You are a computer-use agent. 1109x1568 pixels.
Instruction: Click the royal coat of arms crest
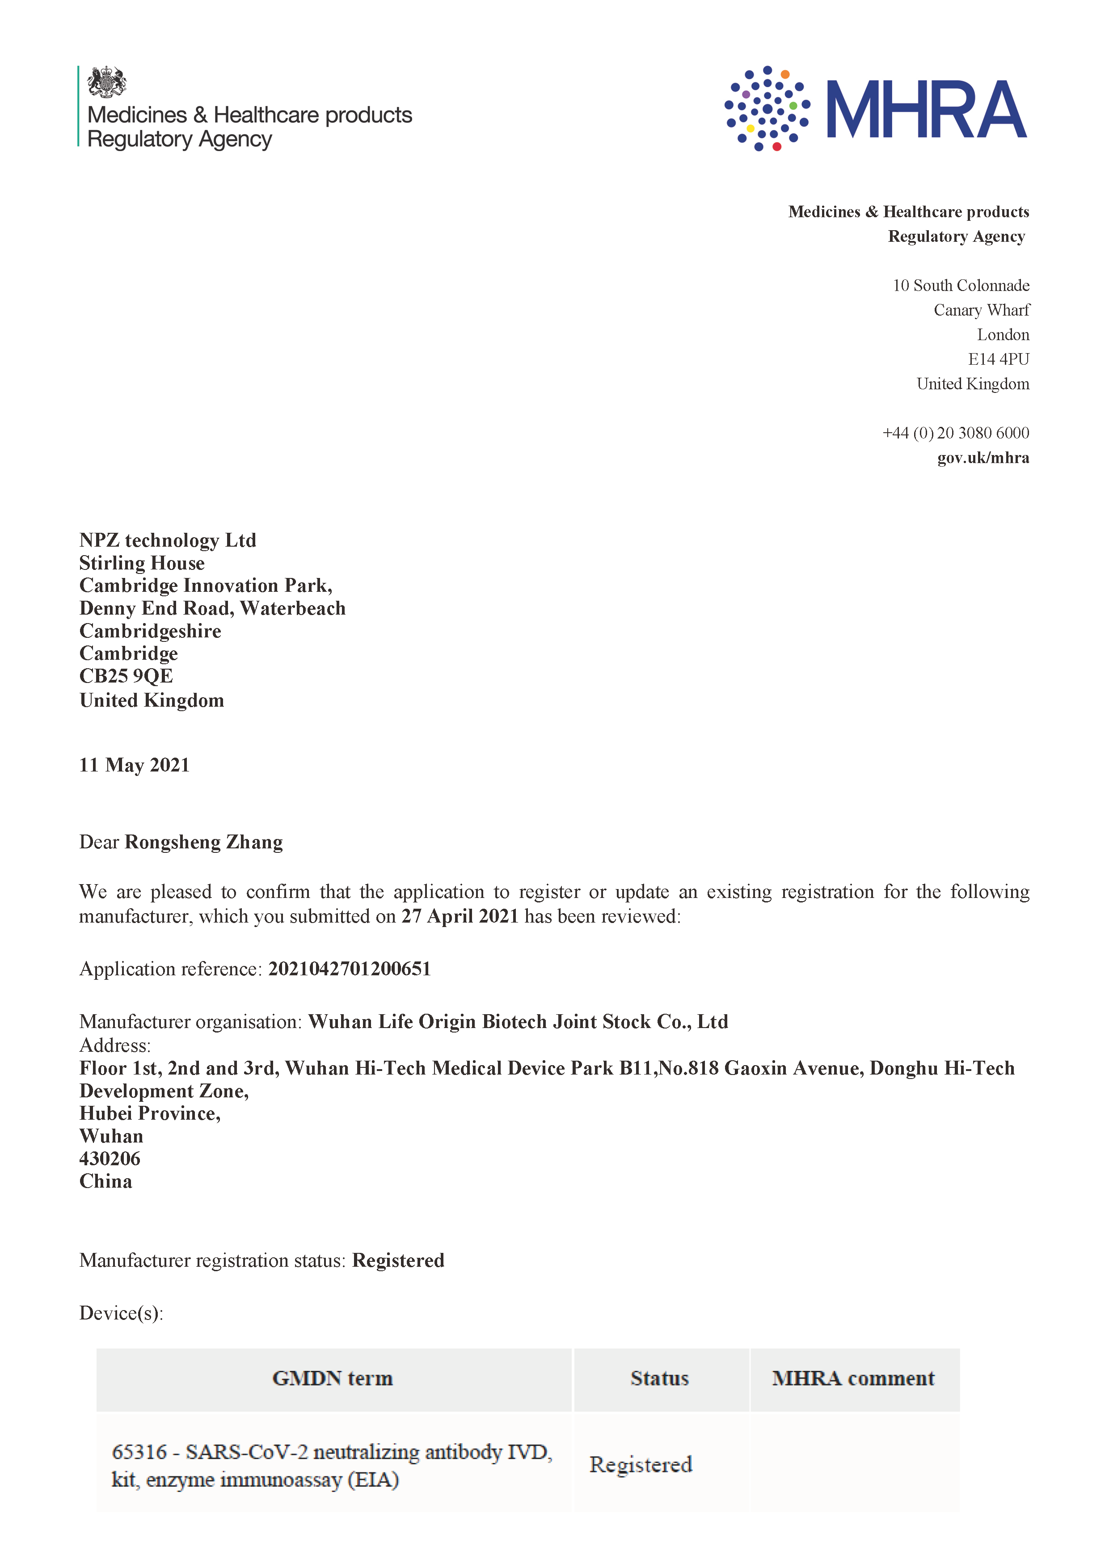tap(107, 83)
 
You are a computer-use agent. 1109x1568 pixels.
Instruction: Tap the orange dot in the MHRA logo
tap(785, 74)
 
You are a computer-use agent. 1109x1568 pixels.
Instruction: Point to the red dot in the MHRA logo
tap(776, 146)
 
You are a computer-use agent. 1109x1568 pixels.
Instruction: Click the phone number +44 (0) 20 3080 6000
tap(955, 433)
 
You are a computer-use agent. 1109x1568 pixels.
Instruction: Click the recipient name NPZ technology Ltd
tap(167, 540)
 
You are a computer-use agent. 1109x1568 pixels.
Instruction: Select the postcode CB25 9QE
tap(127, 676)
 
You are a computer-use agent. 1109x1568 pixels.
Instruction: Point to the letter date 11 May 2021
tap(134, 765)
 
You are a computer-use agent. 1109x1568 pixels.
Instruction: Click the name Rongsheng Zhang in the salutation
tap(203, 842)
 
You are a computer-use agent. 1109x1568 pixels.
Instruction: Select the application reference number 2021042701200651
tap(349, 969)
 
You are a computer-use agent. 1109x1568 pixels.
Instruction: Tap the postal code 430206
tap(110, 1159)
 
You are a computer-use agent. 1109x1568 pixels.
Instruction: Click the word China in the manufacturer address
tap(106, 1181)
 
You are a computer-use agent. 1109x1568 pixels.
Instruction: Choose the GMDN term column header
tap(333, 1378)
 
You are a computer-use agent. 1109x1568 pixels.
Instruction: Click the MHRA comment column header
tap(853, 1378)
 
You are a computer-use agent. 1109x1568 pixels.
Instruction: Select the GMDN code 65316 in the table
tap(139, 1451)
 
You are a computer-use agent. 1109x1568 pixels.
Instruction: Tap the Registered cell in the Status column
tap(641, 1464)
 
